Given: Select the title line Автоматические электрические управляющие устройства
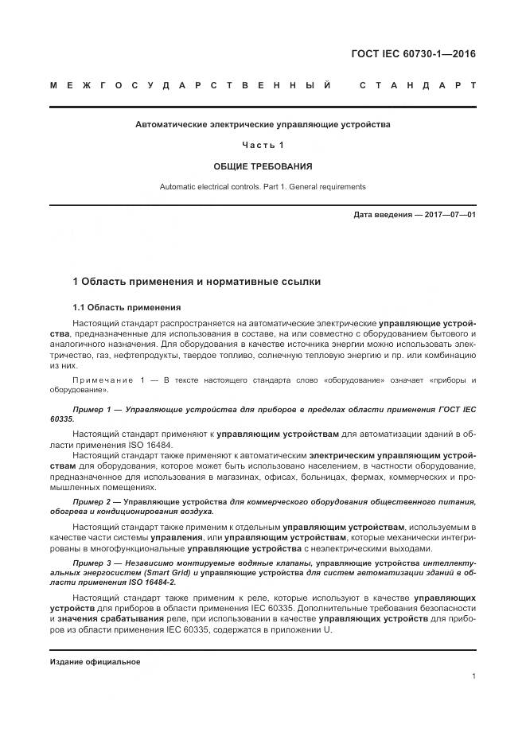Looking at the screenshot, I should (263, 124).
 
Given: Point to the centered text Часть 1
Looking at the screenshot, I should (263, 145).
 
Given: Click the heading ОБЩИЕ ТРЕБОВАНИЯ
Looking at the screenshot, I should (263, 166).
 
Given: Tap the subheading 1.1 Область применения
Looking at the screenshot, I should (127, 307).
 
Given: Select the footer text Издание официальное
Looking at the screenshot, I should (95, 662).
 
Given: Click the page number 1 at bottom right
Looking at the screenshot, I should (473, 676).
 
